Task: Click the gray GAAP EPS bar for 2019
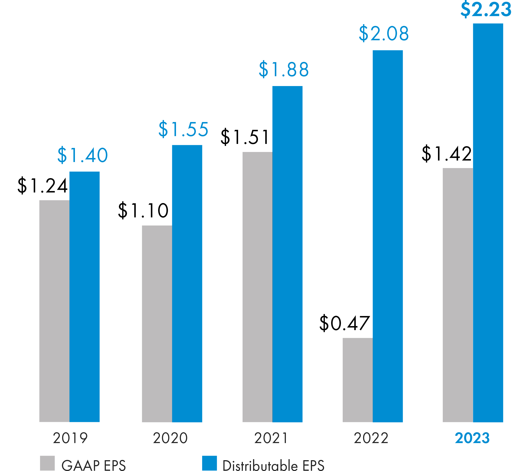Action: coord(54,311)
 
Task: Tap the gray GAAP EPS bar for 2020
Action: coord(157,324)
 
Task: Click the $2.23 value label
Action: coord(486,10)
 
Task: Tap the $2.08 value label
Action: coord(384,33)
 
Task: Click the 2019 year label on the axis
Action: coord(70,438)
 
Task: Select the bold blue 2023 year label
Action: coord(472,438)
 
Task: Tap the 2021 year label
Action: coord(271,438)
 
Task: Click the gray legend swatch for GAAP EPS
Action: coord(47,463)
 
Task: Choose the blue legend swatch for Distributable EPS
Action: coord(209,463)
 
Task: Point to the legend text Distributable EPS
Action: coord(273,465)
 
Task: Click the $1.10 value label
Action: coord(143,210)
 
